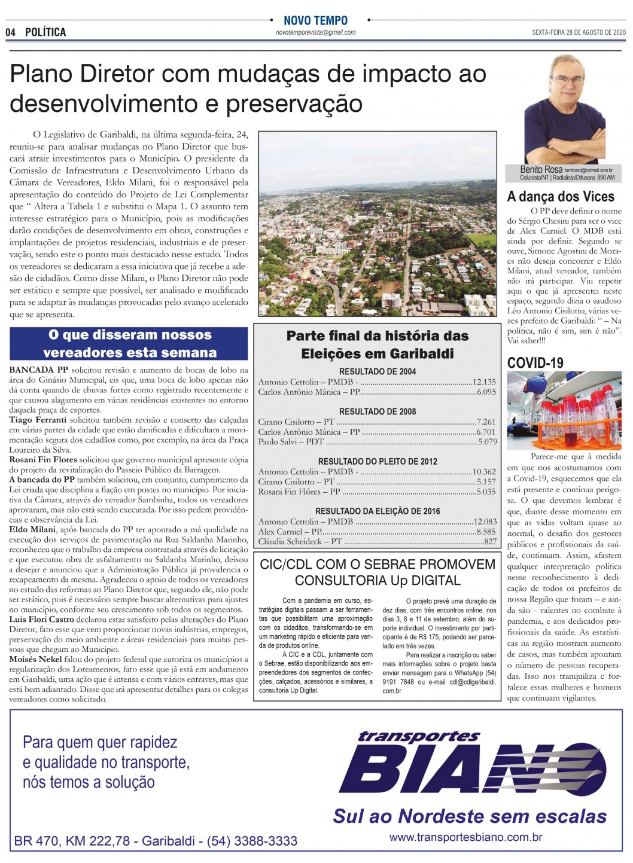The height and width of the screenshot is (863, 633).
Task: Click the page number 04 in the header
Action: (x=11, y=32)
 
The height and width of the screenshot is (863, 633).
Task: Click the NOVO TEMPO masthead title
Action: (x=315, y=20)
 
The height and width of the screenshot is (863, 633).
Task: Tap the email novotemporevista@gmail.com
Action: (x=315, y=33)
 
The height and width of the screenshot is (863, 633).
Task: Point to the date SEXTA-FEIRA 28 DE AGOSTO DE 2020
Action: (x=578, y=33)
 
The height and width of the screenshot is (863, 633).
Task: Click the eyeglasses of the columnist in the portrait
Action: (x=566, y=79)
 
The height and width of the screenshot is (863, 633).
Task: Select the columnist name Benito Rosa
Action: (x=541, y=170)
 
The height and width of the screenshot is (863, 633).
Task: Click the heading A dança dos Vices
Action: (x=561, y=197)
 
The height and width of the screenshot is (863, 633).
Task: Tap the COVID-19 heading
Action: (x=535, y=362)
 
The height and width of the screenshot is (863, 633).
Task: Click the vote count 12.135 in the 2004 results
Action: (x=484, y=382)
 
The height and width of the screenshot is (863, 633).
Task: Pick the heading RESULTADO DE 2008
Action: (x=377, y=411)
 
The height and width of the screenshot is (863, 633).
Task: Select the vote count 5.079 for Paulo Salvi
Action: (x=487, y=441)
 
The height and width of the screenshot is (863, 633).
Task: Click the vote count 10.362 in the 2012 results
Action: (x=484, y=471)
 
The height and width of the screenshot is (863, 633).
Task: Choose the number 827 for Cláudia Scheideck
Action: (x=490, y=541)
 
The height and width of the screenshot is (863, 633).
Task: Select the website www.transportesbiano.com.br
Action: (x=465, y=837)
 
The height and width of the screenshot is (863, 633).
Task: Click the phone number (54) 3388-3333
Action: (x=252, y=841)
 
